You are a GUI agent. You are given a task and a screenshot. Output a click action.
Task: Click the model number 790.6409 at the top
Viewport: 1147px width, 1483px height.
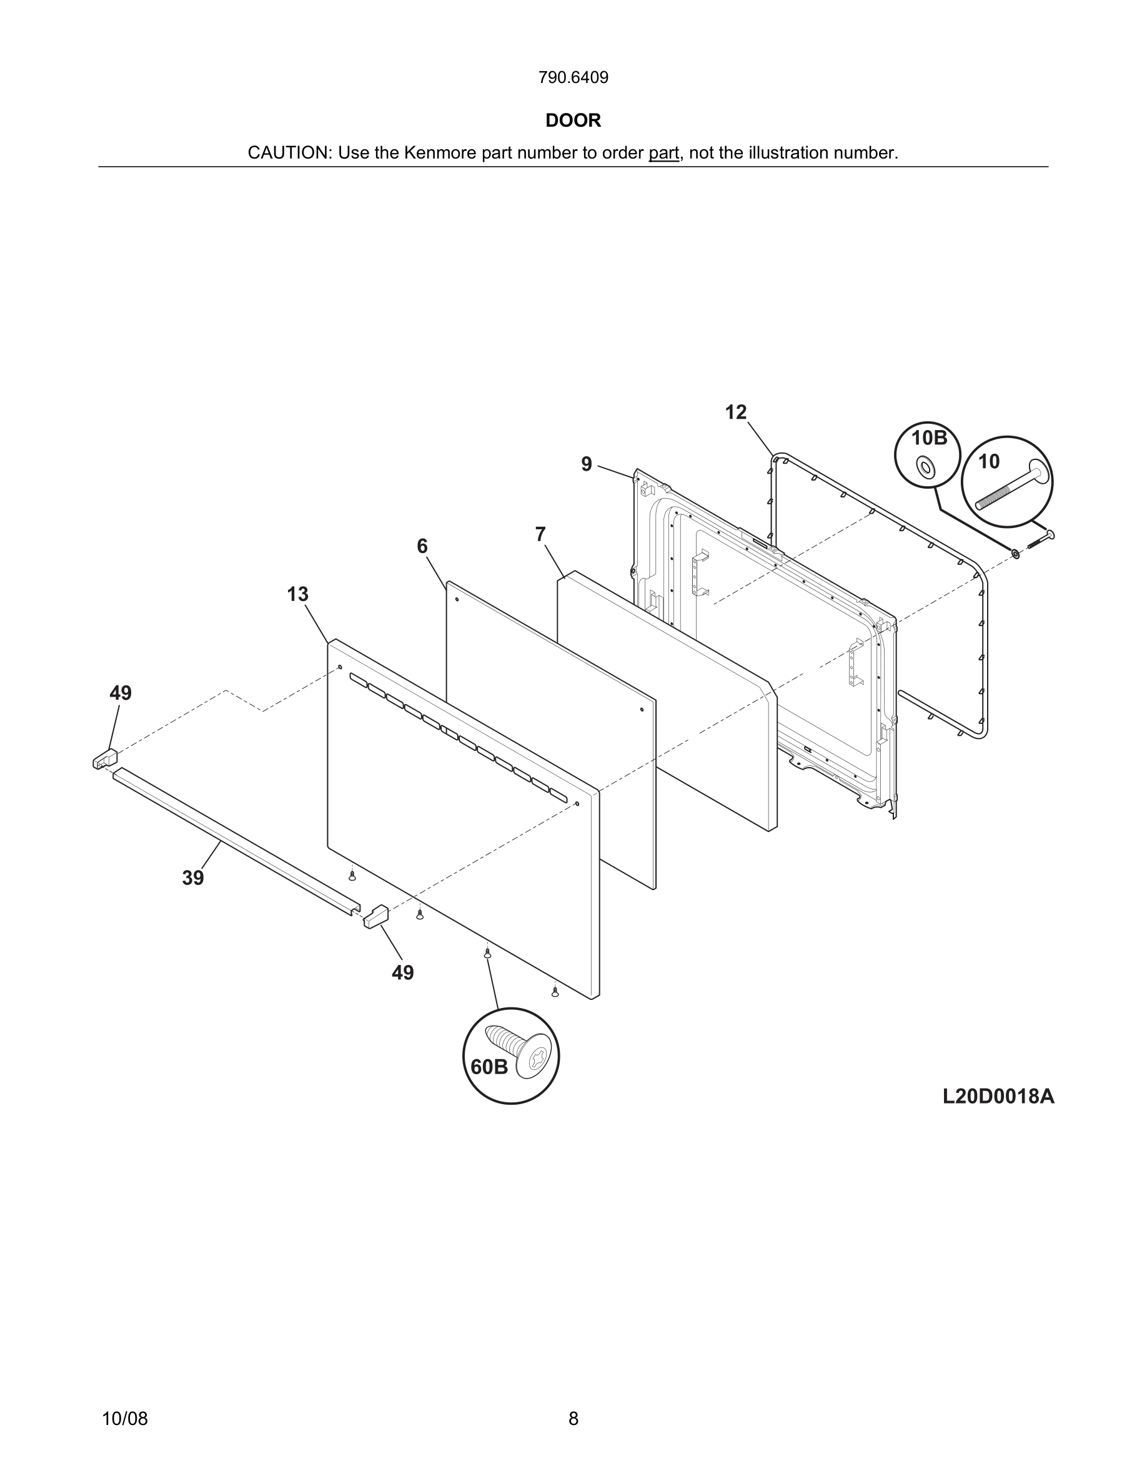(573, 78)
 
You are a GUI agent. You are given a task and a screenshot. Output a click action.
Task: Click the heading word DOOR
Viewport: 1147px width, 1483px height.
(573, 121)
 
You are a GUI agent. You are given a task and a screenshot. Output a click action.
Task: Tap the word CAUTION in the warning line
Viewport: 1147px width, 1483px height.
(288, 153)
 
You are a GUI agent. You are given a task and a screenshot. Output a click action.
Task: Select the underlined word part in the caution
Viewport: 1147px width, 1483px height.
(663, 153)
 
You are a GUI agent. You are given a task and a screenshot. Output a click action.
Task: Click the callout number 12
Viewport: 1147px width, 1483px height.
(735, 412)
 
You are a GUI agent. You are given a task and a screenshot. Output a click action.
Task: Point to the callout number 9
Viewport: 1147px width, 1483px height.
(587, 464)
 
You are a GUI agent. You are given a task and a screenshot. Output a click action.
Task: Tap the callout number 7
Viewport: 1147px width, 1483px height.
(540, 535)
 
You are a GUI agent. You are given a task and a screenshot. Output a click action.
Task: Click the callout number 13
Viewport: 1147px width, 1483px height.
(297, 594)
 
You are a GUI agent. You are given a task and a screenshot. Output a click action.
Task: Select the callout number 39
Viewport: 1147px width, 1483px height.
(193, 878)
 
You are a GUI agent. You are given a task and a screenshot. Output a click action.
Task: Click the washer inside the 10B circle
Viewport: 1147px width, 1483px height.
(924, 466)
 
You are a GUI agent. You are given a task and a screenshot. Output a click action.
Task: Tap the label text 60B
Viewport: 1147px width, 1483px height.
(489, 1067)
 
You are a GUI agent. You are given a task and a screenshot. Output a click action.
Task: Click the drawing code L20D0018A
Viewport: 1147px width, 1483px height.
(998, 1097)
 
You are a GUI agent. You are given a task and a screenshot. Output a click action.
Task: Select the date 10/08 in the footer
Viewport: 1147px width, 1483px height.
(124, 1419)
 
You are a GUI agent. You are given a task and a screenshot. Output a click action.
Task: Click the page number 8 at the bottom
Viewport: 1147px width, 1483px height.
(573, 1419)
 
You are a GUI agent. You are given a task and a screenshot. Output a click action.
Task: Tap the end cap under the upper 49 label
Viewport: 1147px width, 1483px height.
(105, 759)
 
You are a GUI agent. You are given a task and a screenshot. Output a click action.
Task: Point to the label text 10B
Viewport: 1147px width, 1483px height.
(929, 438)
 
